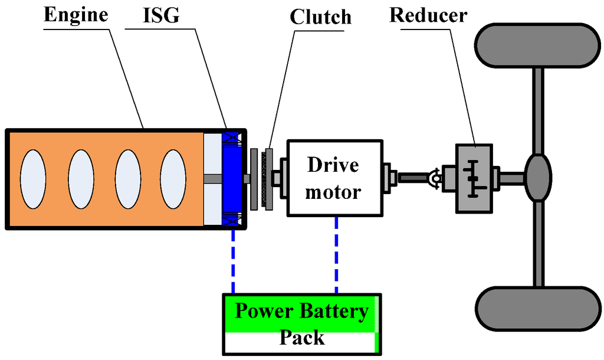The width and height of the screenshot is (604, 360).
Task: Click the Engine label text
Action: [75, 15]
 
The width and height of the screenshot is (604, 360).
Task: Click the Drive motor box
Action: [334, 178]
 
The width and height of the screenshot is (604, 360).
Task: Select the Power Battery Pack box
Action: [301, 325]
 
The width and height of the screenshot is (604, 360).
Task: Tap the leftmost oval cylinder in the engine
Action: [34, 178]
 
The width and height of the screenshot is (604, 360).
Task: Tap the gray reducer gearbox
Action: [474, 178]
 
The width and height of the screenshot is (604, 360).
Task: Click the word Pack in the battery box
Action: [301, 338]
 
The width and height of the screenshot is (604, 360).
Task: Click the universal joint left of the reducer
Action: [434, 177]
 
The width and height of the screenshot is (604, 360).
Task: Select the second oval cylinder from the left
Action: [81, 178]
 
